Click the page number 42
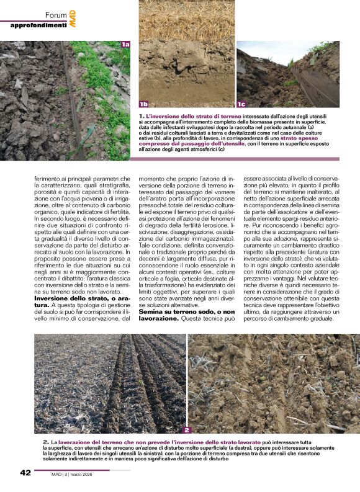point(25,473)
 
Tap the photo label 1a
point(125,44)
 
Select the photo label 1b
point(144,104)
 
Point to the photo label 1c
point(241,104)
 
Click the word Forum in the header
point(56,14)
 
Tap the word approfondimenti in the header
point(38,25)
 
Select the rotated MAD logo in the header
point(73,17)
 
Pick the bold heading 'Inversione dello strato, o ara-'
point(65,282)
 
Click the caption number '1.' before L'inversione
point(142,116)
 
